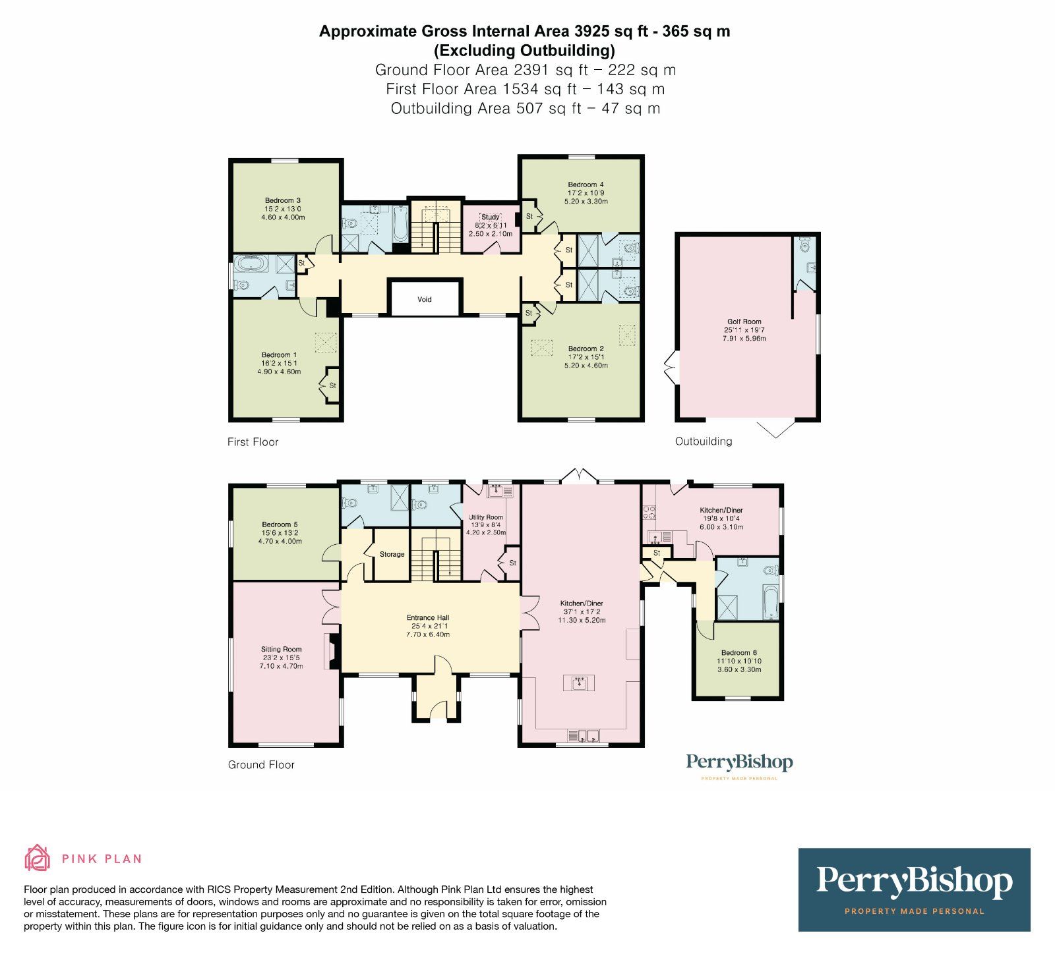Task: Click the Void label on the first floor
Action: tap(424, 299)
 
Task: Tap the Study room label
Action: tap(490, 217)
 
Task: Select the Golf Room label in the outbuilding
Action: tap(744, 322)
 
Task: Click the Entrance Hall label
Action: tap(427, 617)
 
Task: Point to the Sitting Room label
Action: tap(282, 649)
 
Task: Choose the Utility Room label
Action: tap(486, 517)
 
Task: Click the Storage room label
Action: tap(392, 554)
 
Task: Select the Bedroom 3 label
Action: tap(283, 200)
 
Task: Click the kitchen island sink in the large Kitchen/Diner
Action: tap(579, 683)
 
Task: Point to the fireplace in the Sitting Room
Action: tap(332, 652)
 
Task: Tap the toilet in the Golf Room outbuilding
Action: tap(804, 246)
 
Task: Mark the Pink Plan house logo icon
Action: tap(37, 858)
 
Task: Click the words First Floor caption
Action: tap(253, 442)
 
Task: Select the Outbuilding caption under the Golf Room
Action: tap(703, 441)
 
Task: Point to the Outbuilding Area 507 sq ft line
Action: tap(525, 109)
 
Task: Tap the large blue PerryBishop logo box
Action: tap(914, 889)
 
